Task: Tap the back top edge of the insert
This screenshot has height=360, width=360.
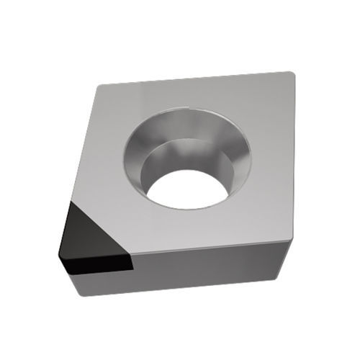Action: click(x=194, y=79)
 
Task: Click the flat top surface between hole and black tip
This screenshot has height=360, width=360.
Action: click(x=130, y=209)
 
